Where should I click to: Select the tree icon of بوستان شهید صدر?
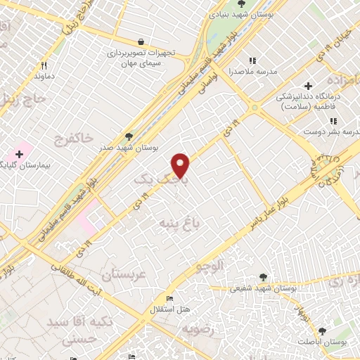point(128,136)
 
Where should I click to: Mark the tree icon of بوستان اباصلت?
point(322,330)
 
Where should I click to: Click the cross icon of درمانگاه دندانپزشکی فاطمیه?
point(308,86)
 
